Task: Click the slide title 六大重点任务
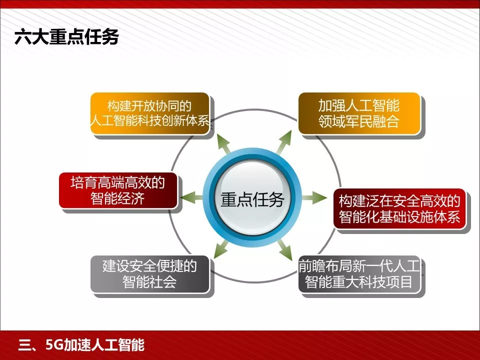coord(66,37)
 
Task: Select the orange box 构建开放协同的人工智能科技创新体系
coord(150,113)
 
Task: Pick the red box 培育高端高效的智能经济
coord(118,190)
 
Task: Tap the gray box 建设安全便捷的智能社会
coord(149,273)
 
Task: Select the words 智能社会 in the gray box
coord(149,282)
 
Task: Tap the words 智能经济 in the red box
coord(118,198)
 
